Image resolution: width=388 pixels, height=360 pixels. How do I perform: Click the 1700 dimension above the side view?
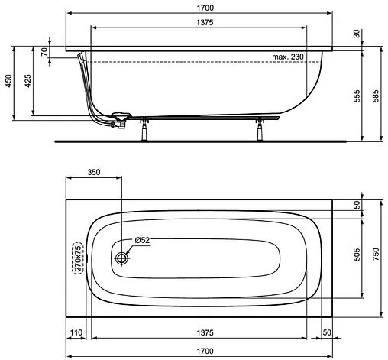(x=204, y=7)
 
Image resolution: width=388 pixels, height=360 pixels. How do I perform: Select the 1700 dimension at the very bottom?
(x=204, y=352)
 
